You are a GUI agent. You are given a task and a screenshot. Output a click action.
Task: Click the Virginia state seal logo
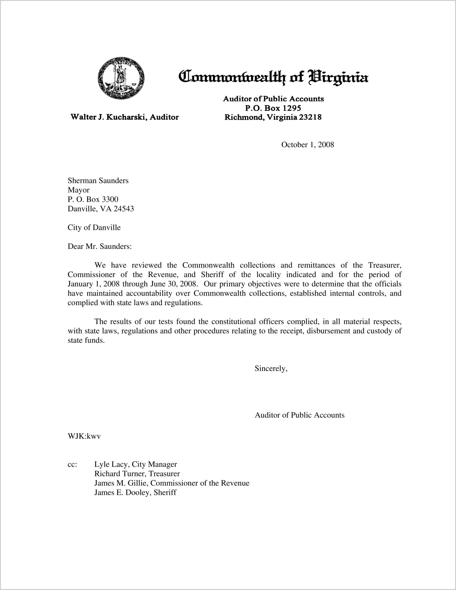pyautogui.click(x=121, y=78)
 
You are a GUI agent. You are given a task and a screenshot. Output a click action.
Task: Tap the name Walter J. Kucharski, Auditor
pyautogui.click(x=125, y=117)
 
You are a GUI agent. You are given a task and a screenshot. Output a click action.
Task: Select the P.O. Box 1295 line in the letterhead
pyautogui.click(x=273, y=108)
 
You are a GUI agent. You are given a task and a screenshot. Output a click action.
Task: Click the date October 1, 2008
pyautogui.click(x=307, y=145)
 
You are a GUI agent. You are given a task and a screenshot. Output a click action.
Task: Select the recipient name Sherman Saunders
pyautogui.click(x=98, y=181)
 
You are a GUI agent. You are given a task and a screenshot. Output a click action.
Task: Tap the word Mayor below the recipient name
pyautogui.click(x=78, y=190)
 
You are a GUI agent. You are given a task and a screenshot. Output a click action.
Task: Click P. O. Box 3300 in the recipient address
pyautogui.click(x=93, y=200)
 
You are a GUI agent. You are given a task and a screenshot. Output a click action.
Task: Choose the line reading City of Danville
pyautogui.click(x=94, y=228)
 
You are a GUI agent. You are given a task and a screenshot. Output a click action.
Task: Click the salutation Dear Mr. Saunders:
pyautogui.click(x=100, y=246)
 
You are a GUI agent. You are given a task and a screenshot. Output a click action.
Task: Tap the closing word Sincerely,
pyautogui.click(x=271, y=368)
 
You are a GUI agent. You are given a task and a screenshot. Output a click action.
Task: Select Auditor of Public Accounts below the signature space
pyautogui.click(x=299, y=415)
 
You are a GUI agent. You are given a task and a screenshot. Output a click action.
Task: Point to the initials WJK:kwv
pyautogui.click(x=84, y=436)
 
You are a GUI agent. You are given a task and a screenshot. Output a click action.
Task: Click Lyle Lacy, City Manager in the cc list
pyautogui.click(x=136, y=464)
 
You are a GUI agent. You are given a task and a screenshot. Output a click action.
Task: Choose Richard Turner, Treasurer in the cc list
pyautogui.click(x=137, y=474)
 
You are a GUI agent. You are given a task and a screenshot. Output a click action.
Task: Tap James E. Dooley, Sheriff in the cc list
pyautogui.click(x=135, y=493)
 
